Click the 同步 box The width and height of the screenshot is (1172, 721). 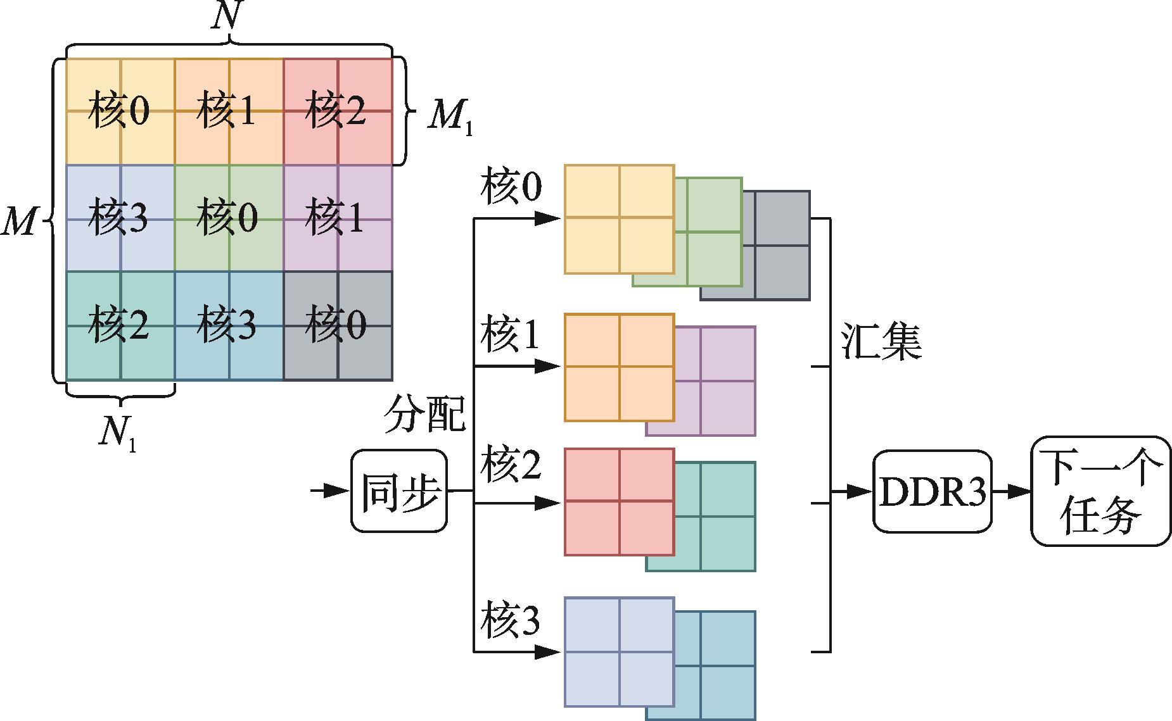click(x=399, y=491)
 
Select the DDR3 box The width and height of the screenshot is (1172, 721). click(x=932, y=491)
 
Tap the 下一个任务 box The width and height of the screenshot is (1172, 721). click(x=1100, y=491)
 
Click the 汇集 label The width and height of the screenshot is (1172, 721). click(x=881, y=342)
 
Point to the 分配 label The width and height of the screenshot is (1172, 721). click(x=425, y=415)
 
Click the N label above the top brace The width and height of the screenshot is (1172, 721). click(x=226, y=17)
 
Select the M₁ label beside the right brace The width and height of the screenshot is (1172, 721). click(x=449, y=116)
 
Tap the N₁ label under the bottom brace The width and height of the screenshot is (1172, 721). click(x=118, y=435)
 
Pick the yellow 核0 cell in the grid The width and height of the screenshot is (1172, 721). click(x=120, y=111)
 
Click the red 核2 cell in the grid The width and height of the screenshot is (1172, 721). click(x=338, y=111)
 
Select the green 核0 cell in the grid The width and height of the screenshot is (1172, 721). click(x=229, y=218)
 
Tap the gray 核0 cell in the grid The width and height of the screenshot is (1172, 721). click(x=338, y=326)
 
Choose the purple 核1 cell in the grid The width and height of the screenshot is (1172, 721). click(x=338, y=218)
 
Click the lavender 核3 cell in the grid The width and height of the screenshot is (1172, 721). click(x=120, y=218)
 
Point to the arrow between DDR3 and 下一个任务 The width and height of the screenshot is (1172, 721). click(x=1011, y=491)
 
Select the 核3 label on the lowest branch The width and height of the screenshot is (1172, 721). click(x=511, y=621)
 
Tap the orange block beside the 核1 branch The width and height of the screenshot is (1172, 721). click(x=619, y=367)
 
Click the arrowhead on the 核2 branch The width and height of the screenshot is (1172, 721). click(x=547, y=503)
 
